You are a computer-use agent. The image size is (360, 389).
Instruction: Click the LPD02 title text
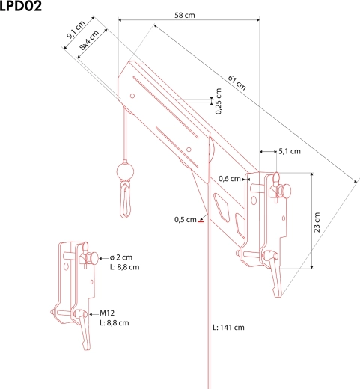point(20,6)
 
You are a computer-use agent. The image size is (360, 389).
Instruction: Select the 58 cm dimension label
point(185,15)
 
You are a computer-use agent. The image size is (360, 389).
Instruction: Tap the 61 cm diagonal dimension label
point(237,82)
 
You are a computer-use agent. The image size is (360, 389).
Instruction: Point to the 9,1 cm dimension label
point(76,29)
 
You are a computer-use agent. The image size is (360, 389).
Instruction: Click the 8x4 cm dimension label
point(89,40)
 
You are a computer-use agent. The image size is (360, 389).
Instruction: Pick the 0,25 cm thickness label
point(219,101)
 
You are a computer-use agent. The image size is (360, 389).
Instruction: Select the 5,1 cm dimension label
point(290,151)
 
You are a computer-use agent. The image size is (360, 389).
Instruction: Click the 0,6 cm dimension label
point(230,179)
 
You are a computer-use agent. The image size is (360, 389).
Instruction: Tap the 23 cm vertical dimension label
point(317,222)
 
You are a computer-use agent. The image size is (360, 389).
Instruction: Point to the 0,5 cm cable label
point(186,220)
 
